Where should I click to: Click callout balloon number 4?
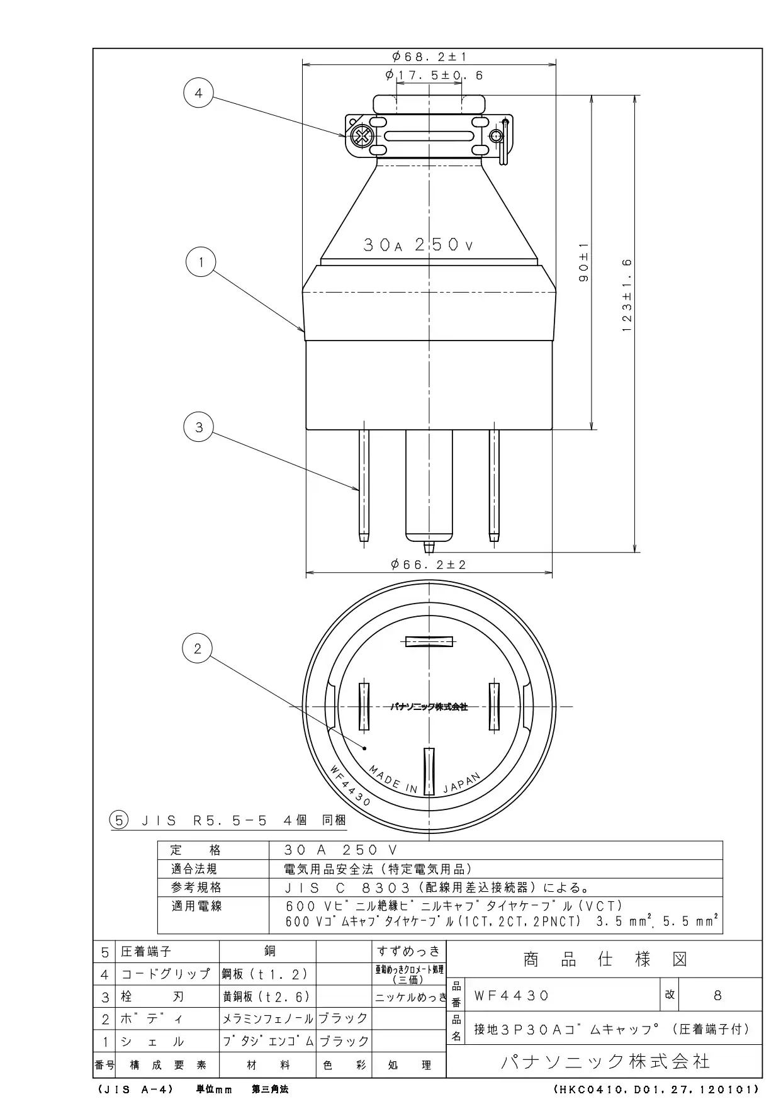(199, 94)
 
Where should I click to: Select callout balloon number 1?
(201, 262)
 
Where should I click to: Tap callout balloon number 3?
(199, 427)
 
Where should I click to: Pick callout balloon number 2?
(198, 648)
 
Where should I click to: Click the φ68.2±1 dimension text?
(429, 57)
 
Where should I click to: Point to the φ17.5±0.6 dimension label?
(434, 76)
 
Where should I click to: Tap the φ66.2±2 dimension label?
(429, 565)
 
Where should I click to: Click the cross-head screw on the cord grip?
(362, 136)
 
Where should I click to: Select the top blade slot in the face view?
(429, 641)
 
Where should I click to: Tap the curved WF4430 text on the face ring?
(350, 785)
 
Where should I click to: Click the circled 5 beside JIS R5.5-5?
(118, 820)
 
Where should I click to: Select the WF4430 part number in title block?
(512, 995)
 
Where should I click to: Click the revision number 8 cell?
(718, 995)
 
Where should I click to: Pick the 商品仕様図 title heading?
(605, 959)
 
